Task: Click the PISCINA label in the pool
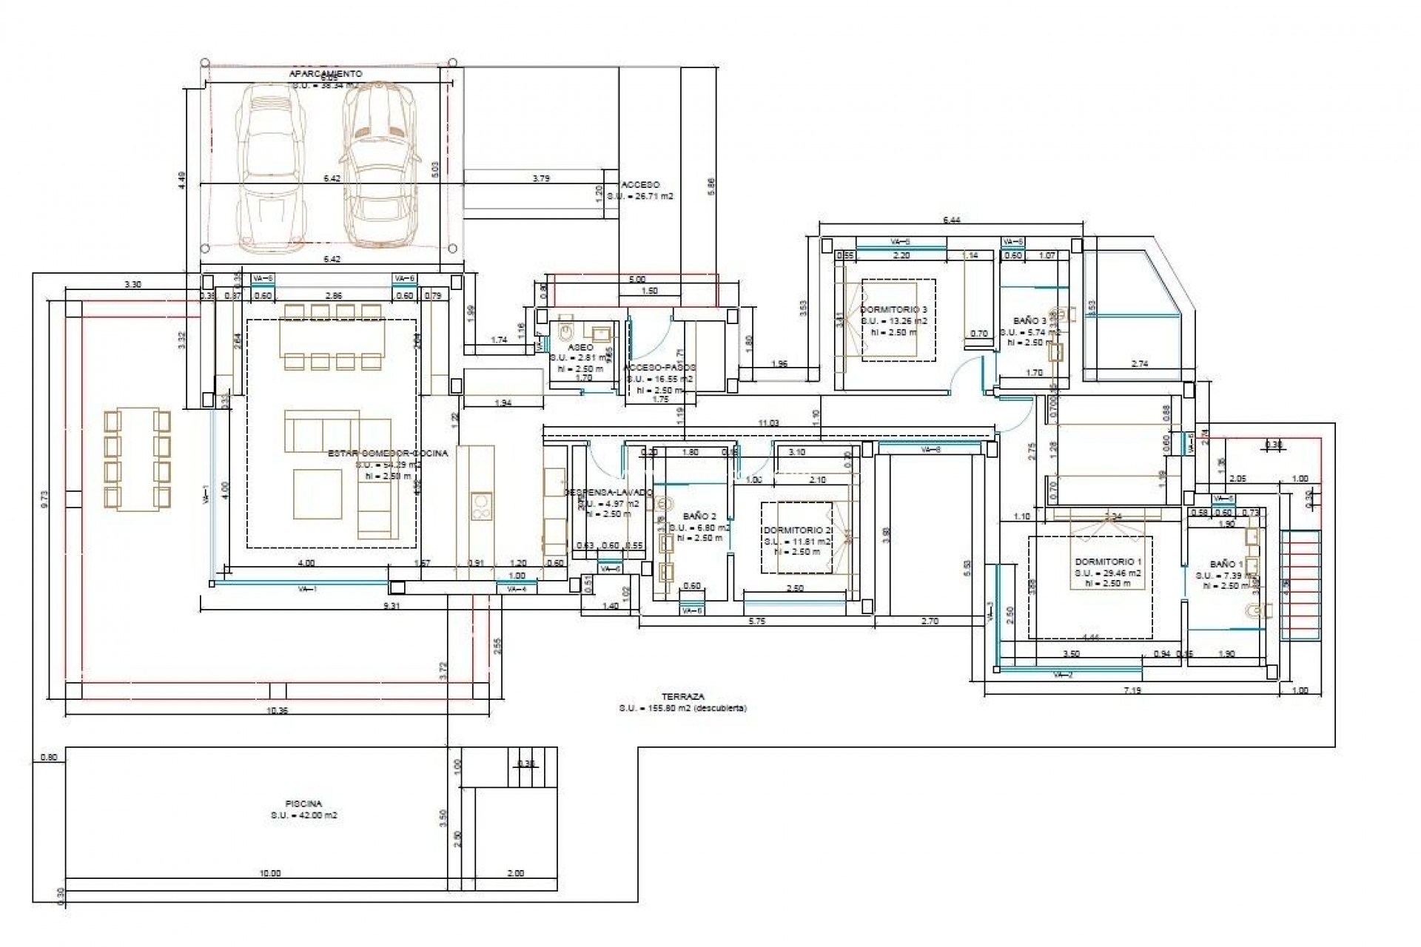pyautogui.click(x=303, y=803)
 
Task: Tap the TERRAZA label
pyautogui.click(x=683, y=696)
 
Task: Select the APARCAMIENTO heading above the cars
pyautogui.click(x=326, y=74)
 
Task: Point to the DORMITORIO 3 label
pyautogui.click(x=893, y=309)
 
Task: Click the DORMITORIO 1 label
pyautogui.click(x=1108, y=562)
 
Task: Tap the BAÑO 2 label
pyautogui.click(x=699, y=516)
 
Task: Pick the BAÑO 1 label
pyautogui.click(x=1226, y=564)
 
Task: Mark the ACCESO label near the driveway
pyautogui.click(x=640, y=185)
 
